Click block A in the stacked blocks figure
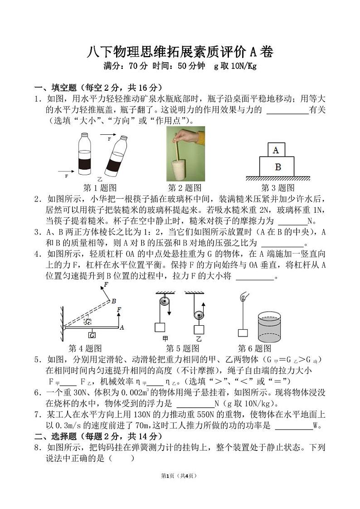[x=276, y=149]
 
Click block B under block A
[x=277, y=166]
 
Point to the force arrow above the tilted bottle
[x=107, y=135]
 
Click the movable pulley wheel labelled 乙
[x=198, y=314]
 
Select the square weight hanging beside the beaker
[x=243, y=333]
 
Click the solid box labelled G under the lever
[x=92, y=335]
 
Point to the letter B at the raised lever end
[x=114, y=301]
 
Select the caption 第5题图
[x=182, y=348]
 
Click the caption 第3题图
[x=277, y=187]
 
